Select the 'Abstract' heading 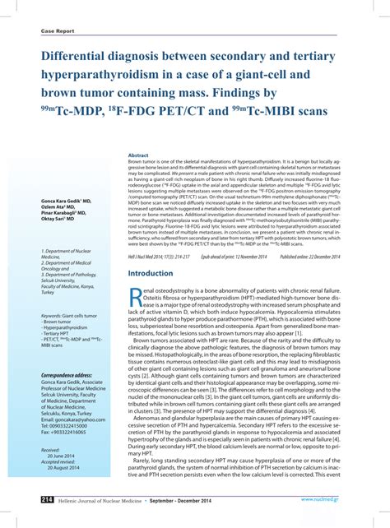click(138, 155)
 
